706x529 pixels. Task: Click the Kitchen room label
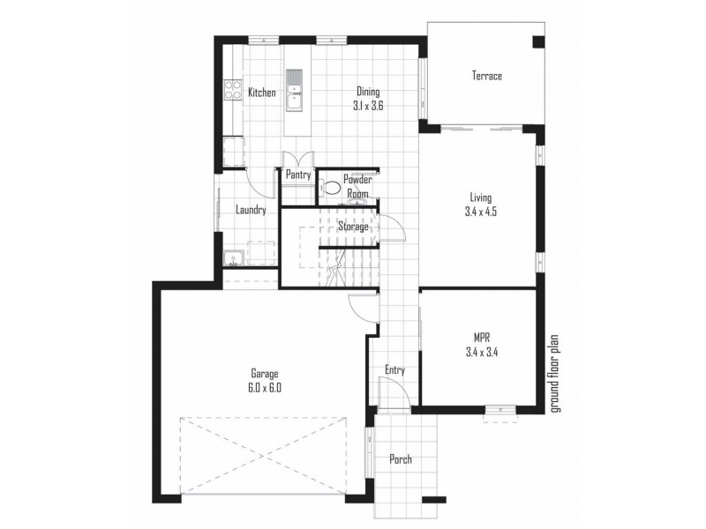coord(261,93)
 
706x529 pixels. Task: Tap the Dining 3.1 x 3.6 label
coord(369,98)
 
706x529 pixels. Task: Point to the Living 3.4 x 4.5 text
coord(481,205)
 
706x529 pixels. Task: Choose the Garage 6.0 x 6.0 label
coord(264,380)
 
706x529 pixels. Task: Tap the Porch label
coord(400,459)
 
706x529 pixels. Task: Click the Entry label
coord(394,370)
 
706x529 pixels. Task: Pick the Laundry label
coord(252,211)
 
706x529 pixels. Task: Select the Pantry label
coord(297,175)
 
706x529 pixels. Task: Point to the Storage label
coord(353,227)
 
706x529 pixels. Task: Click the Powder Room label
coord(357,186)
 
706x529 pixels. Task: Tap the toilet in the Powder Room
coord(332,187)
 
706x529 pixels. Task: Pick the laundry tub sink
coord(234,258)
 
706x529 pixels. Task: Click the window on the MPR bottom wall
coord(499,409)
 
